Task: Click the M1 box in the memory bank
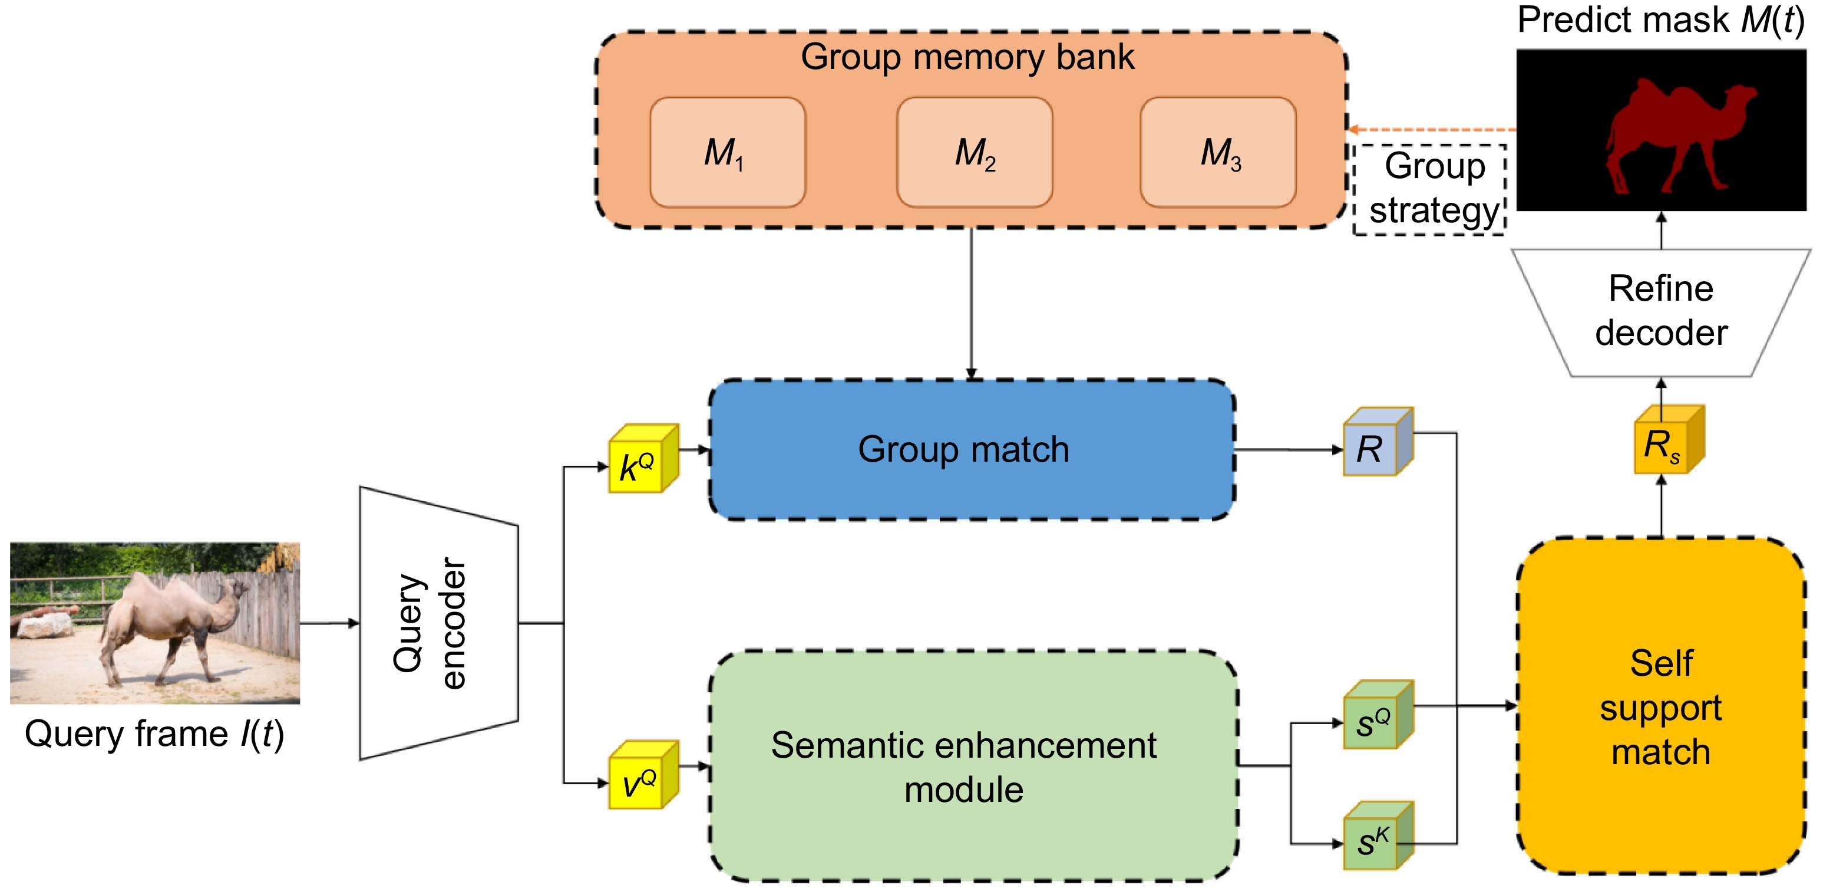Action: [728, 152]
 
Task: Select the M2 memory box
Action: [975, 152]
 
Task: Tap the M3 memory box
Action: [1218, 152]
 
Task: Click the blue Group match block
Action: [972, 450]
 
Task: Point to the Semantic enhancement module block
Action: [973, 766]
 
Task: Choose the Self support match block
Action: [1661, 707]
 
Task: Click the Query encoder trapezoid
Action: [439, 623]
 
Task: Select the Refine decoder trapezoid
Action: [1661, 311]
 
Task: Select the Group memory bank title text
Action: [967, 57]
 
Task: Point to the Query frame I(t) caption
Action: [154, 734]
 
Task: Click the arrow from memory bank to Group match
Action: [972, 304]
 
